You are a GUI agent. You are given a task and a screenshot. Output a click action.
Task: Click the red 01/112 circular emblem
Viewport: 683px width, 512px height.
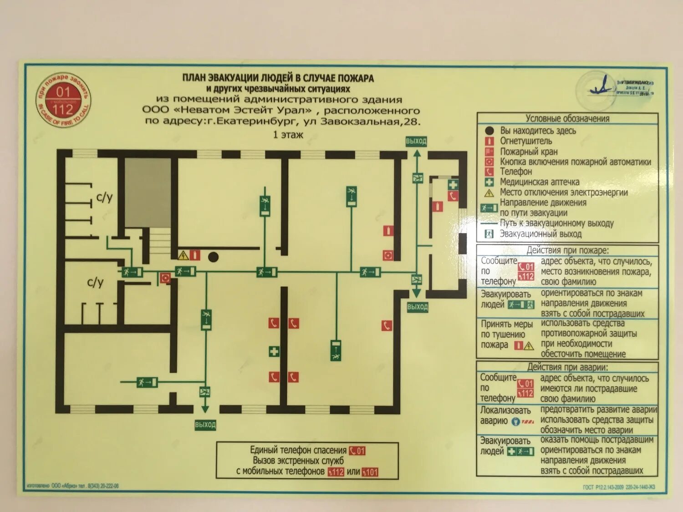(63, 101)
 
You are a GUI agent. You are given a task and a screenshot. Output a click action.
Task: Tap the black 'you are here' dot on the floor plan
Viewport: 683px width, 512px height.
(213, 257)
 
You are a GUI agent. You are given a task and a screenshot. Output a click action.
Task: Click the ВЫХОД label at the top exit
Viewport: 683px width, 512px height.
(416, 141)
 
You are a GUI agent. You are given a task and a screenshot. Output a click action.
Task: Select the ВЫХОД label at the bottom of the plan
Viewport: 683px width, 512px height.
(205, 425)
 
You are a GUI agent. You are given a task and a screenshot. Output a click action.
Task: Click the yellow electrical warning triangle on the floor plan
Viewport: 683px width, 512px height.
(183, 255)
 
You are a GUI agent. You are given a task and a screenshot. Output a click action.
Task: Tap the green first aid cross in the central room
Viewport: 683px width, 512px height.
(274, 351)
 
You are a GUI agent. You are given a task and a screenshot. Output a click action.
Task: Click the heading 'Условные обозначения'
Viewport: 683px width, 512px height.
(567, 118)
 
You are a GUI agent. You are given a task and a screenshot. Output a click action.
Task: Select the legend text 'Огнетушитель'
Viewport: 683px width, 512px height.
(526, 141)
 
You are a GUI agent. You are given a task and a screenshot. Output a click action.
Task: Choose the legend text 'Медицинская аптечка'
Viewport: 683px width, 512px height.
(540, 182)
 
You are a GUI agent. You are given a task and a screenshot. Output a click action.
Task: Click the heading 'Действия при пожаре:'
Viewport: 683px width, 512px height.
(567, 250)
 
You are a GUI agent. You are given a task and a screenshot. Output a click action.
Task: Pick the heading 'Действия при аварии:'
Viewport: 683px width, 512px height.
(567, 367)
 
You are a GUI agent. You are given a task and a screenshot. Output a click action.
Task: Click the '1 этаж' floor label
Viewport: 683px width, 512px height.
(288, 135)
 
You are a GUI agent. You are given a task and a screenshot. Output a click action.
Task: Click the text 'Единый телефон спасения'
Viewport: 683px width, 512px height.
(298, 450)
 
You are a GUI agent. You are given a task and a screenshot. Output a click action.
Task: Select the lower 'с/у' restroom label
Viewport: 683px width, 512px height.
(95, 283)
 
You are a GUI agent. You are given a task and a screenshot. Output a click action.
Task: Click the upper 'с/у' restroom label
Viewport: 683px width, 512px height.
(104, 197)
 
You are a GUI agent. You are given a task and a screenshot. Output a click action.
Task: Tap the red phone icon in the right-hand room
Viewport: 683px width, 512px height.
(453, 196)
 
